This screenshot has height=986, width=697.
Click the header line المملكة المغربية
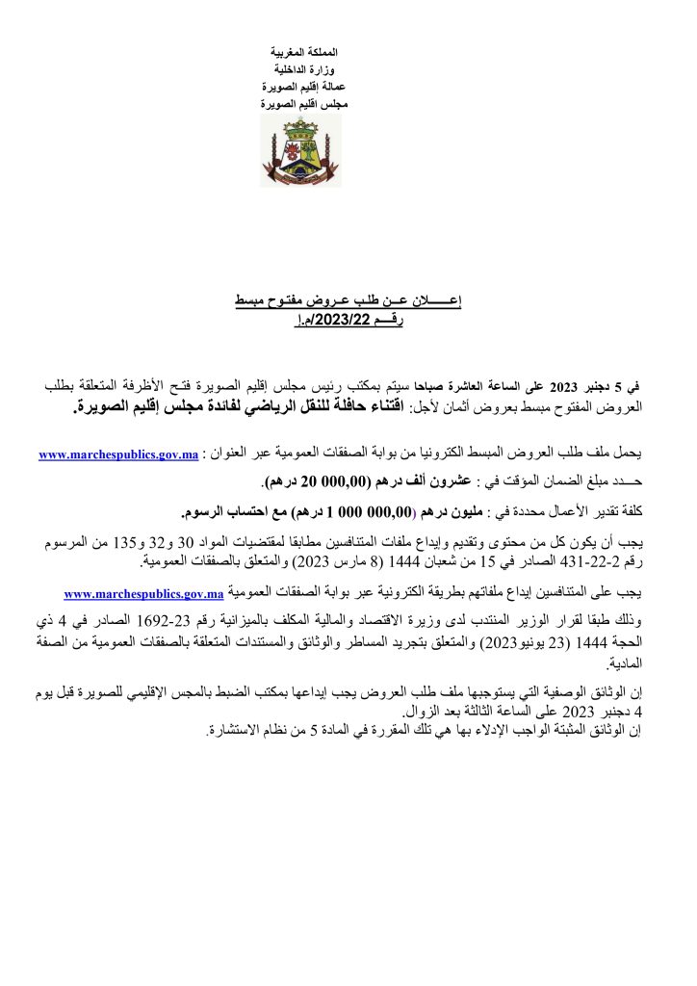click(x=300, y=49)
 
